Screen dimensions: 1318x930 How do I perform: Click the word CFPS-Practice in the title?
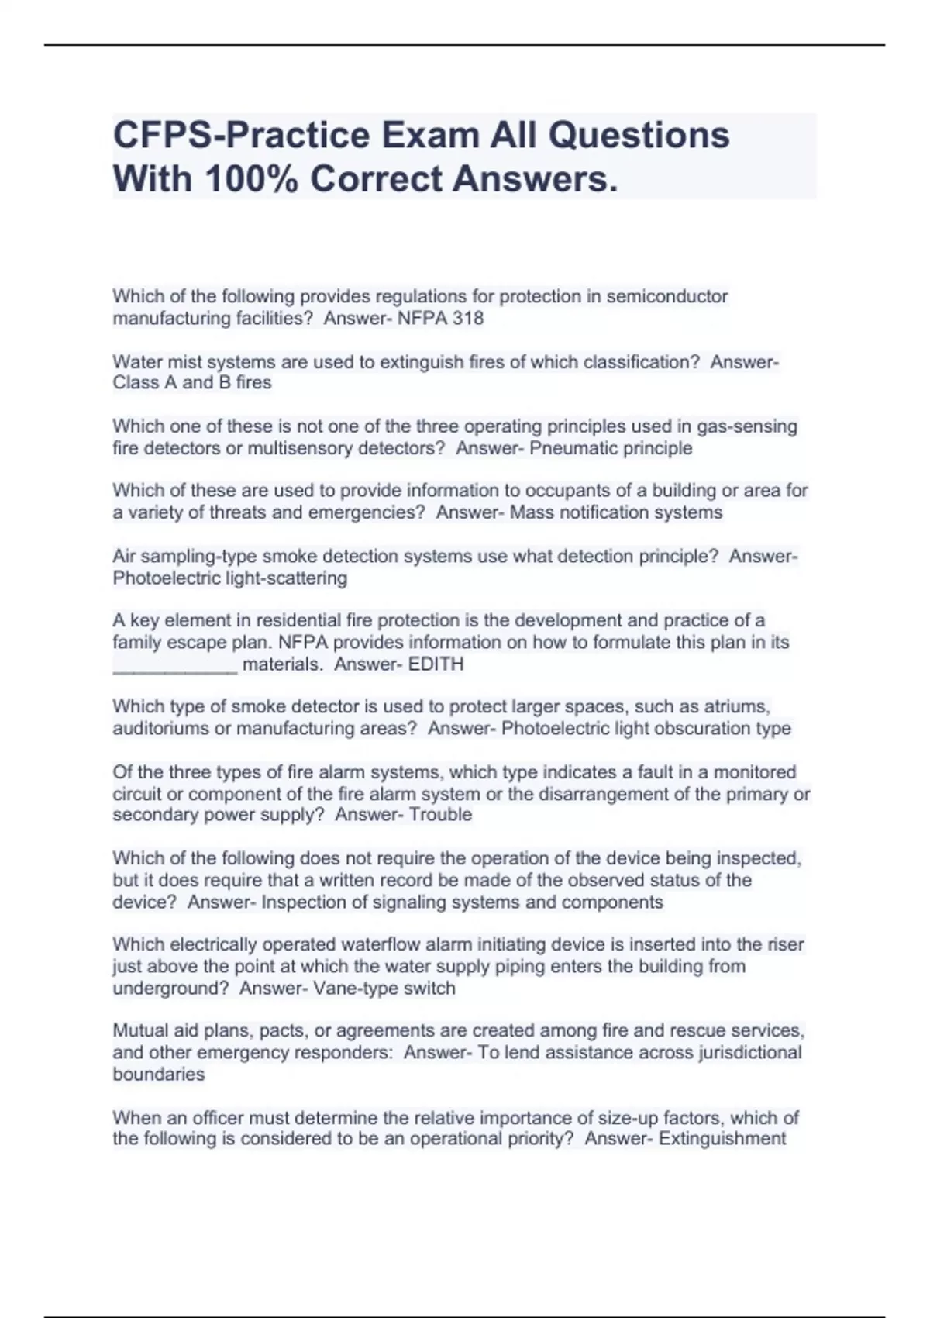(241, 136)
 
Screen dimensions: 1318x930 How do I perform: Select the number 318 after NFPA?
(468, 318)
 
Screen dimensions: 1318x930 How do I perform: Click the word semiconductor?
(666, 296)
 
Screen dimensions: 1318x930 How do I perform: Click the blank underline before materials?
(175, 665)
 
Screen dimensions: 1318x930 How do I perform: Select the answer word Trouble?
(440, 815)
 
